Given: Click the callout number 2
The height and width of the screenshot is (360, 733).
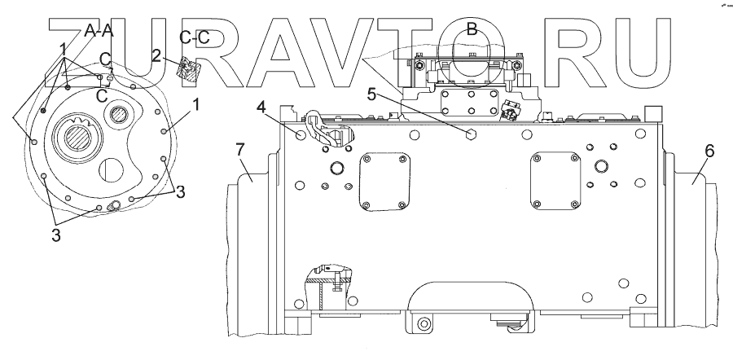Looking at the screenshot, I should coord(156,55).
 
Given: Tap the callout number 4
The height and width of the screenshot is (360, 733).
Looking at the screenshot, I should coord(261,106).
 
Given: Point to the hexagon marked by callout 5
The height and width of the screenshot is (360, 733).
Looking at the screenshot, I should coord(472,132).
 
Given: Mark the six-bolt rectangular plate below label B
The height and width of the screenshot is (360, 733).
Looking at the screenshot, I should coord(472,105).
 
